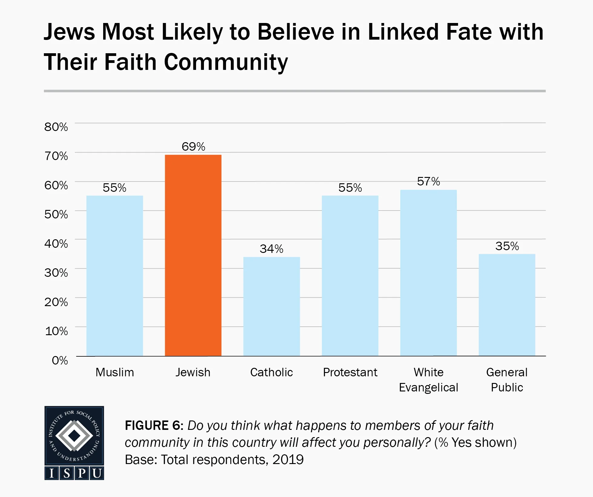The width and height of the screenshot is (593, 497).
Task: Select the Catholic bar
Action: pos(271,306)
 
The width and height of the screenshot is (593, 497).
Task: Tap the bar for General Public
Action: pos(507,305)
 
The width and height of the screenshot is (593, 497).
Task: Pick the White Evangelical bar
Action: pos(428,273)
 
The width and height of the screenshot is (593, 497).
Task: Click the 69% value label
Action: pos(193,147)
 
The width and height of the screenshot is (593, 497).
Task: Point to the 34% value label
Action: pos(271,249)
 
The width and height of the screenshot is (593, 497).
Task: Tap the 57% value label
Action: pos(428,181)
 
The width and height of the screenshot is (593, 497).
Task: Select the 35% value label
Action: pos(507,246)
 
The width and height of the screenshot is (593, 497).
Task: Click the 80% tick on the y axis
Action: pos(56,127)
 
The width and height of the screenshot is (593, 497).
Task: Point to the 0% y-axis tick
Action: pos(60,360)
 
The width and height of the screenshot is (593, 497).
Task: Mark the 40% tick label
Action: pos(56,244)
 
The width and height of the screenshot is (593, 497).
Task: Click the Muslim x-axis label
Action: pos(115,372)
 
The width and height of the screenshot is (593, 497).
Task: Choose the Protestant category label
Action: pos(350,372)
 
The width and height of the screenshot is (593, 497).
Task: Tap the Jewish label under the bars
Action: pos(193,372)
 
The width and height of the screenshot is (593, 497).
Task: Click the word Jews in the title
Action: pos(69,32)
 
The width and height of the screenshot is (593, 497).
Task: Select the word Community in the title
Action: pos(226,62)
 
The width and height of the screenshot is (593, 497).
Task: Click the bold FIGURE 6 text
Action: pos(154,426)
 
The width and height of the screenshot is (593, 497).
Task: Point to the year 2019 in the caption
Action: pos(288,460)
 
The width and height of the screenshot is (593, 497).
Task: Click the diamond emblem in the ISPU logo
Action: pos(74,436)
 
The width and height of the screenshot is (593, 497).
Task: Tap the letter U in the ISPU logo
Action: pos(97,473)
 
